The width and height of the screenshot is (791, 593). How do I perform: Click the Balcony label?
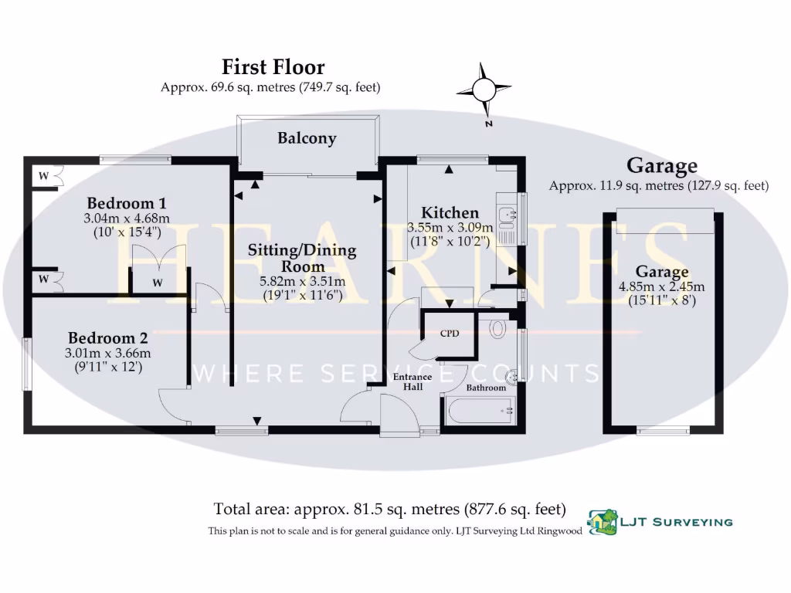click(x=307, y=139)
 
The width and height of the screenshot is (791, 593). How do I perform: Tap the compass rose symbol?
click(x=484, y=91)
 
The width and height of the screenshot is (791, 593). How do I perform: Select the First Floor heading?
click(x=273, y=67)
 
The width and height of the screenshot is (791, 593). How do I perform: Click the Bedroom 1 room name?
click(x=121, y=204)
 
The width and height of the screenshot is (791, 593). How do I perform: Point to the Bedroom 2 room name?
click(x=107, y=338)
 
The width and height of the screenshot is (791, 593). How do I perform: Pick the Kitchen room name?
click(x=449, y=212)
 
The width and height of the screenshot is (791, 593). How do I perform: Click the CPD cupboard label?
click(x=449, y=334)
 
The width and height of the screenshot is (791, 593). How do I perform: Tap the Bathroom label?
click(x=486, y=388)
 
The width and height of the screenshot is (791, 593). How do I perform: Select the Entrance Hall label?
click(x=412, y=381)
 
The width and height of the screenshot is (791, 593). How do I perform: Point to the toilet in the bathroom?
click(x=497, y=328)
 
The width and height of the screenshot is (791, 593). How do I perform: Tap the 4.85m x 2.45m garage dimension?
click(x=661, y=286)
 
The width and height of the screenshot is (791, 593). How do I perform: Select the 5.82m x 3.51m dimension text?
click(x=302, y=281)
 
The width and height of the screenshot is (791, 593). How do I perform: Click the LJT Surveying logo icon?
click(x=602, y=522)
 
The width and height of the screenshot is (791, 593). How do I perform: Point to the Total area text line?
click(x=389, y=510)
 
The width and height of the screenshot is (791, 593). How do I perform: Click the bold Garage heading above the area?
click(x=661, y=165)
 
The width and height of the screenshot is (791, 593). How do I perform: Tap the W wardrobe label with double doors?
click(x=158, y=283)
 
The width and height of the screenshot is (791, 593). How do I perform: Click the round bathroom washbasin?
click(x=511, y=377)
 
